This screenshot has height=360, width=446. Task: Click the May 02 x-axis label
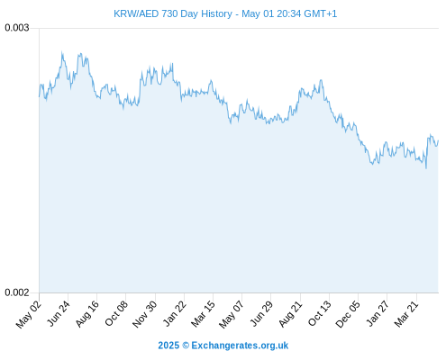pos(28,315)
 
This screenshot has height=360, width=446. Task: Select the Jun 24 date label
pos(59,313)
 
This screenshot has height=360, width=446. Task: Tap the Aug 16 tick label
pos(86,314)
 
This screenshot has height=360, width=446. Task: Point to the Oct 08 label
pos(116,313)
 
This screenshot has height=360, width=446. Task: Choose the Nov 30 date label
pos(144,314)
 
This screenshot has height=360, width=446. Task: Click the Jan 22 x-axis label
pos(174,313)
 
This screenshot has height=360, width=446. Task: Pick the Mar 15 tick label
pos(203,314)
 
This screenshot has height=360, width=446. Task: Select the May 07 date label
pos(231,315)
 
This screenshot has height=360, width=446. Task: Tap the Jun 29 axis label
pos(261,313)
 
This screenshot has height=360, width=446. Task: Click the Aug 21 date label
pos(290,314)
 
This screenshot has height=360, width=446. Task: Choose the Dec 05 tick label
pos(347,314)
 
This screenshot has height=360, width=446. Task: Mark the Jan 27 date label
pos(378,313)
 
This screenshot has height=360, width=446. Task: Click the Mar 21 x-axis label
pos(406,314)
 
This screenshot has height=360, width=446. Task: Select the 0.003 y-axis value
pos(17,28)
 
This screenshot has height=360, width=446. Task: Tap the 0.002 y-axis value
pos(17,292)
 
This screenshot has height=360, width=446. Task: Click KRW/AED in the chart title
pos(136,13)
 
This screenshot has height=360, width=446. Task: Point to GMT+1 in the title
pos(321,13)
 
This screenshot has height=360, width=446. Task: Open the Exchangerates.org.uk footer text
pos(240,346)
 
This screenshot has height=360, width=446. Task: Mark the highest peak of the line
pos(62,52)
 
